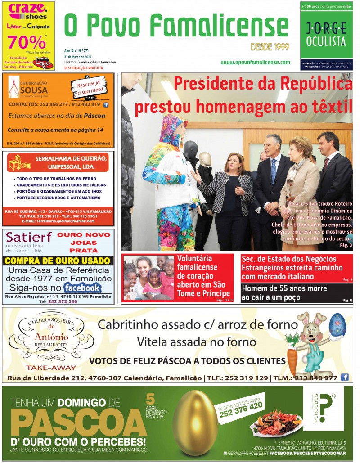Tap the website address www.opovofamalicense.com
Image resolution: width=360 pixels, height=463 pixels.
pos(255,62)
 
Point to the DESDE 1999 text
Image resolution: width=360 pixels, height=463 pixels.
pos(270,47)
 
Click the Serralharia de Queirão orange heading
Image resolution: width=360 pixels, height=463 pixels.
pos(58,162)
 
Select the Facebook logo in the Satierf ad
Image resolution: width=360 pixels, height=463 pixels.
pos(82,288)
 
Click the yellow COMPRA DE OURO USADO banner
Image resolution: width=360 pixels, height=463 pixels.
pos(58,261)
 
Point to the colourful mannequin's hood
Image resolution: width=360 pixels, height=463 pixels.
pos(172,128)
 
